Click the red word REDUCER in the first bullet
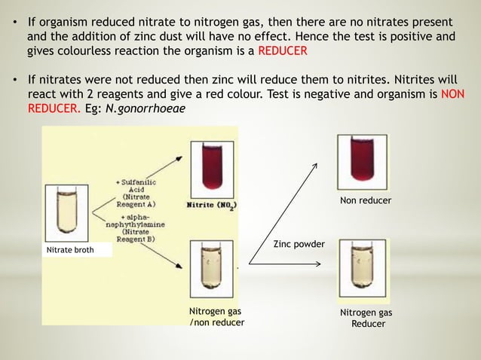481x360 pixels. coord(283,51)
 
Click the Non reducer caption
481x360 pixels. coord(366,200)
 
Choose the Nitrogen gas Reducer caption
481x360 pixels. coord(366,317)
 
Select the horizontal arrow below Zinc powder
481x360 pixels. coord(286,264)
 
